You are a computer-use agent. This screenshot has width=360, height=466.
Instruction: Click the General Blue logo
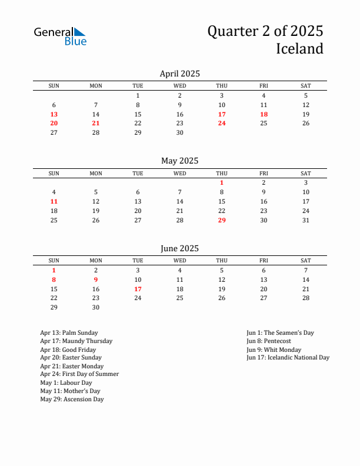click(60, 36)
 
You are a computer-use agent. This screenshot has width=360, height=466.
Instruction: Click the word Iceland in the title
click(299, 48)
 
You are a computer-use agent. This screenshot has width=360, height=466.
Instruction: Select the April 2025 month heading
click(179, 74)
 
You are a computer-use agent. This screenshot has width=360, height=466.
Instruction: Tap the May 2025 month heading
click(179, 161)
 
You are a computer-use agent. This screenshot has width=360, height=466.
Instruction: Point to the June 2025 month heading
click(179, 248)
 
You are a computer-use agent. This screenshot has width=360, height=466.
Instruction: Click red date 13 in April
click(54, 114)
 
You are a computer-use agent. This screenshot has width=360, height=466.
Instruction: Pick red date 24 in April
click(222, 123)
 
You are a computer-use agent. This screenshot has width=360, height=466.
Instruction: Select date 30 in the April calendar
click(179, 132)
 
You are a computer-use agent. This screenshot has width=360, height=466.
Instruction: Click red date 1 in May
click(222, 182)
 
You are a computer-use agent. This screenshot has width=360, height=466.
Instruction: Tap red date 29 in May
click(222, 220)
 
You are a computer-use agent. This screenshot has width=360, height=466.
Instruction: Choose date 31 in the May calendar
click(306, 220)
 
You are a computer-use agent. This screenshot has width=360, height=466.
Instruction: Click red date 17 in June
click(138, 289)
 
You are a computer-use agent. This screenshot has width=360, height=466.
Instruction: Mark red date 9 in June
click(96, 279)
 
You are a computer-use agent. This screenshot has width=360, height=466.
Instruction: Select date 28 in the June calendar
click(306, 298)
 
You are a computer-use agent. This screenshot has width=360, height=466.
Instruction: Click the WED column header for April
click(179, 86)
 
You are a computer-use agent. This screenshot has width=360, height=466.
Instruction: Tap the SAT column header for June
click(306, 261)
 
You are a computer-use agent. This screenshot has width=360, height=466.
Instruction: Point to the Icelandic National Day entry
click(288, 358)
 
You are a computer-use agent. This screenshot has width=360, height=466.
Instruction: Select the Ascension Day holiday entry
click(72, 400)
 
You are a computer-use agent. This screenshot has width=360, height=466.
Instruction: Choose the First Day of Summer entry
click(79, 374)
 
